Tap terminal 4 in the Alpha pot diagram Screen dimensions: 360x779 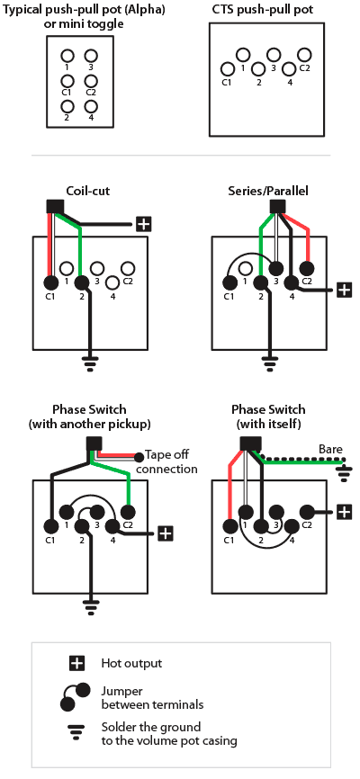coord(91,106)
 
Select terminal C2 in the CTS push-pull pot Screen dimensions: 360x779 coord(304,55)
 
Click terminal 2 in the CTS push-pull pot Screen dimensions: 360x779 coord(258,69)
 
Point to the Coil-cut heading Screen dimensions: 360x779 coord(87,192)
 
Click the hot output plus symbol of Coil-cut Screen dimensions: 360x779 coord(143,225)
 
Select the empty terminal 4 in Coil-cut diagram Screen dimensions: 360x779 coord(112,282)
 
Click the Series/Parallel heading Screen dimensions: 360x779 coord(268,192)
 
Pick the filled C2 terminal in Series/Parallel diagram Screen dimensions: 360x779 coord(307,269)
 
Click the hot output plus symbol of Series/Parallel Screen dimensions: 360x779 coord(344,290)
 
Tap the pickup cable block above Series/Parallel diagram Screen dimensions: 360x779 coord(276,206)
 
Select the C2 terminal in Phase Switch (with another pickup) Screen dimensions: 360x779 coord(129,511)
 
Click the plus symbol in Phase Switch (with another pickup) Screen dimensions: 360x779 coord(166,533)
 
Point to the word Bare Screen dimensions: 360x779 coord(330,450)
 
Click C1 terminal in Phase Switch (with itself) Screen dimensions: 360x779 coord(229,525)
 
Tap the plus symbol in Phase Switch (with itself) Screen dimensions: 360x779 coord(344,511)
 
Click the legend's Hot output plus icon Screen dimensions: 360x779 coord(76,663)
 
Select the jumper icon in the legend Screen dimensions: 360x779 coord(76,697)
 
